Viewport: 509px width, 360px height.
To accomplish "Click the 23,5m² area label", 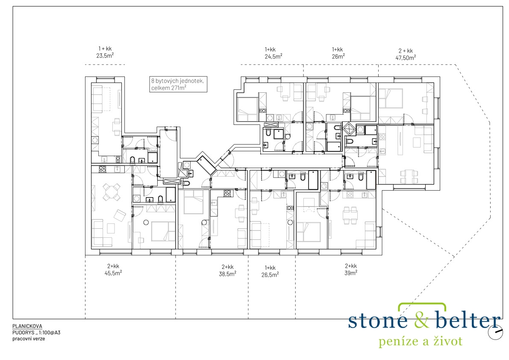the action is pyautogui.click(x=105, y=56).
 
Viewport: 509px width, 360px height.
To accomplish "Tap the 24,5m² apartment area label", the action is pyautogui.click(x=274, y=56).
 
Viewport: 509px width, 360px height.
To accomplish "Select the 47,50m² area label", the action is pyautogui.click(x=406, y=58).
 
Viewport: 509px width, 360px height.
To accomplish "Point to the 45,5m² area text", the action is pyautogui.click(x=113, y=273).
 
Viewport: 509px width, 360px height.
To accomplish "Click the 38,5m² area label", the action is pyautogui.click(x=227, y=274).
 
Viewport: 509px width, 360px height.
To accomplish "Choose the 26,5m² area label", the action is pyautogui.click(x=270, y=274).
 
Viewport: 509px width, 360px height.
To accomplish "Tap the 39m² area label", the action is pyautogui.click(x=351, y=273).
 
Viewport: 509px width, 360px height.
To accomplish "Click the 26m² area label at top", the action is pyautogui.click(x=338, y=56).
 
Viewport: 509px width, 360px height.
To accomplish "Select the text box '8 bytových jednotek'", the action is pyautogui.click(x=178, y=84).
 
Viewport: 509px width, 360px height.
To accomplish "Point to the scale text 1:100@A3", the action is pyautogui.click(x=48, y=332).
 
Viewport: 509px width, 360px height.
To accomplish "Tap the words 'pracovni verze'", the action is pyautogui.click(x=29, y=339).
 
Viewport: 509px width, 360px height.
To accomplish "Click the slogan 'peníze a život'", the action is pyautogui.click(x=421, y=341).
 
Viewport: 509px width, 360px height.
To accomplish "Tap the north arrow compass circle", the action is pyautogui.click(x=496, y=332).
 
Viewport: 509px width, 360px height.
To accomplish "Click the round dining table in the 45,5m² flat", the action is pyautogui.click(x=111, y=192).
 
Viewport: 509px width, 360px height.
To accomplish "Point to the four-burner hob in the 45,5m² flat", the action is pyautogui.click(x=103, y=169).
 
